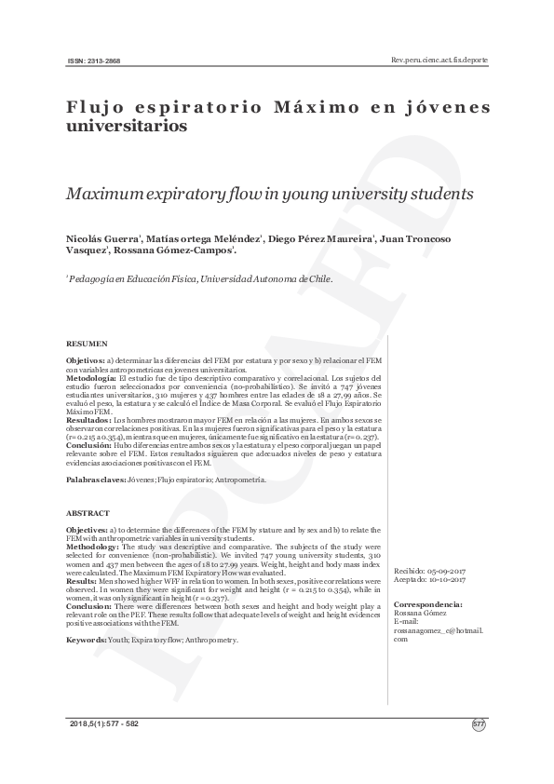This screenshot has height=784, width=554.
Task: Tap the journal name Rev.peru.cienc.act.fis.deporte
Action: (x=440, y=60)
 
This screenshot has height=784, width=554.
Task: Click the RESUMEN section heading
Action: (x=87, y=344)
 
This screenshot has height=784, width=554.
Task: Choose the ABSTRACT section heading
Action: (x=88, y=513)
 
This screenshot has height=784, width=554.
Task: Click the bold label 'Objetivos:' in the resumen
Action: (x=87, y=359)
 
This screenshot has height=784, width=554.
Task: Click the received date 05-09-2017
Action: (x=446, y=570)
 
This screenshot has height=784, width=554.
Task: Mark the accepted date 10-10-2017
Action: (x=446, y=578)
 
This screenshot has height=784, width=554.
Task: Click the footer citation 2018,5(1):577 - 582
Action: (x=103, y=723)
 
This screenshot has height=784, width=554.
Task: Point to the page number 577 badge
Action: (x=479, y=723)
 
